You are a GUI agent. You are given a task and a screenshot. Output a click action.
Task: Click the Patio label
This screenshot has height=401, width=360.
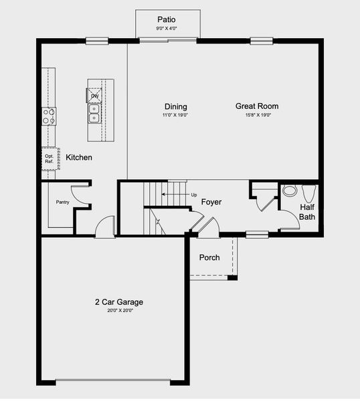pyautogui.click(x=167, y=19)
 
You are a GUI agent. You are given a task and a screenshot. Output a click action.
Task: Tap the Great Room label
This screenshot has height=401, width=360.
pyautogui.click(x=256, y=106)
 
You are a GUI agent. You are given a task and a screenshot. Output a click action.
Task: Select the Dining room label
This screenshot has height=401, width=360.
pyautogui.click(x=175, y=106)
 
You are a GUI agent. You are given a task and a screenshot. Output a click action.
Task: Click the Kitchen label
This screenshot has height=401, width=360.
pyautogui.click(x=78, y=158)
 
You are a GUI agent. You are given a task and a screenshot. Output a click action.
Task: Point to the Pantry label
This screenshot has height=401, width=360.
pyautogui.click(x=63, y=201)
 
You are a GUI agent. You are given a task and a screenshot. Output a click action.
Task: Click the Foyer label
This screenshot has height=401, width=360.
pyautogui.click(x=211, y=202)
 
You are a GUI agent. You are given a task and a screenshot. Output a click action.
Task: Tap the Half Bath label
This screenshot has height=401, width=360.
pyautogui.click(x=306, y=212)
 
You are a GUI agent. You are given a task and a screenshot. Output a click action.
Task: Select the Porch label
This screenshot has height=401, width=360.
pyautogui.click(x=209, y=257)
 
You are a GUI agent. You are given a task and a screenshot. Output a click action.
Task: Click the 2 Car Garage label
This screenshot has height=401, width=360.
pyautogui.click(x=118, y=302)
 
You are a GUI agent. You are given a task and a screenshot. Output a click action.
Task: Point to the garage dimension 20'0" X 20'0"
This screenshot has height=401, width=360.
pyautogui.click(x=118, y=311)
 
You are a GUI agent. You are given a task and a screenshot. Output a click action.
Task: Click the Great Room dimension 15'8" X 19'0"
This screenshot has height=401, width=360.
pyautogui.click(x=256, y=115)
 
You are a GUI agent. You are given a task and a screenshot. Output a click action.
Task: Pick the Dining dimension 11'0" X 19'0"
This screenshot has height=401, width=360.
pyautogui.click(x=175, y=115)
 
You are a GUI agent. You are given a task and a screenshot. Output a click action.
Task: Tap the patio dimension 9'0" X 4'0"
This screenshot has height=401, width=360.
pyautogui.click(x=167, y=28)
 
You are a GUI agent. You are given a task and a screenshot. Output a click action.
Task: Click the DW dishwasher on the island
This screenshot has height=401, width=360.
pyautogui.click(x=94, y=96)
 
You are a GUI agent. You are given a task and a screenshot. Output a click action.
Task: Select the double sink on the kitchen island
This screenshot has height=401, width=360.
pyautogui.click(x=94, y=118)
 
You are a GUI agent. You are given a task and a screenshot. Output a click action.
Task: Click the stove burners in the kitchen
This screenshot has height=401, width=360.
pyautogui.click(x=48, y=117)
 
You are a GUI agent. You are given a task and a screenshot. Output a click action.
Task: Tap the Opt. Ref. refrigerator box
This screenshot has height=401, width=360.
pyautogui.click(x=49, y=159)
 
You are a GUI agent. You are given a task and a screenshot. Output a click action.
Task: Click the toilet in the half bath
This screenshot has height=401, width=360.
pyautogui.click(x=308, y=193)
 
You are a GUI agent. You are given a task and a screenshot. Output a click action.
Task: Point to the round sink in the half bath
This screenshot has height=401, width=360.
pyautogui.click(x=289, y=190)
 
